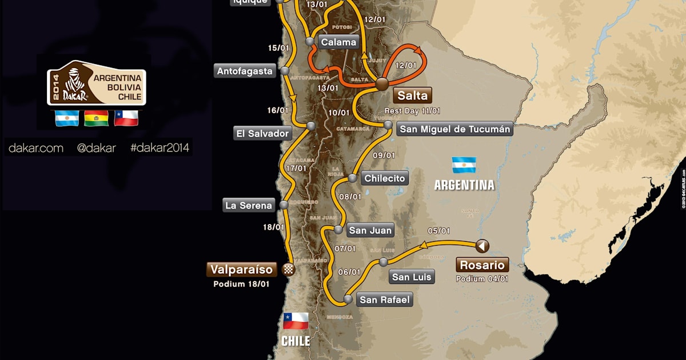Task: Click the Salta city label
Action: click(411, 95)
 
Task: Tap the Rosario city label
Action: click(481, 265)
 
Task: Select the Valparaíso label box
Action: click(242, 269)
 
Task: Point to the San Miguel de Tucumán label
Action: click(454, 129)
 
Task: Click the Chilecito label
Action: click(385, 178)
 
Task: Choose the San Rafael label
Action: click(384, 299)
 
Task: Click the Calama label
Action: click(338, 42)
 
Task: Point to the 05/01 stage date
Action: click(438, 231)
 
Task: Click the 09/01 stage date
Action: click(384, 155)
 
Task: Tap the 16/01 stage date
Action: click(278, 110)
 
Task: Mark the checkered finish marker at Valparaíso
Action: click(289, 269)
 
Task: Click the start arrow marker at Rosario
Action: click(482, 246)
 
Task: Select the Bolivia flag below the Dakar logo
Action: click(96, 118)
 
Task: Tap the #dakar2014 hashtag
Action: click(160, 148)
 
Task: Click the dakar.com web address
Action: click(35, 148)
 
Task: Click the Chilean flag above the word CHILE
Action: click(296, 321)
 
